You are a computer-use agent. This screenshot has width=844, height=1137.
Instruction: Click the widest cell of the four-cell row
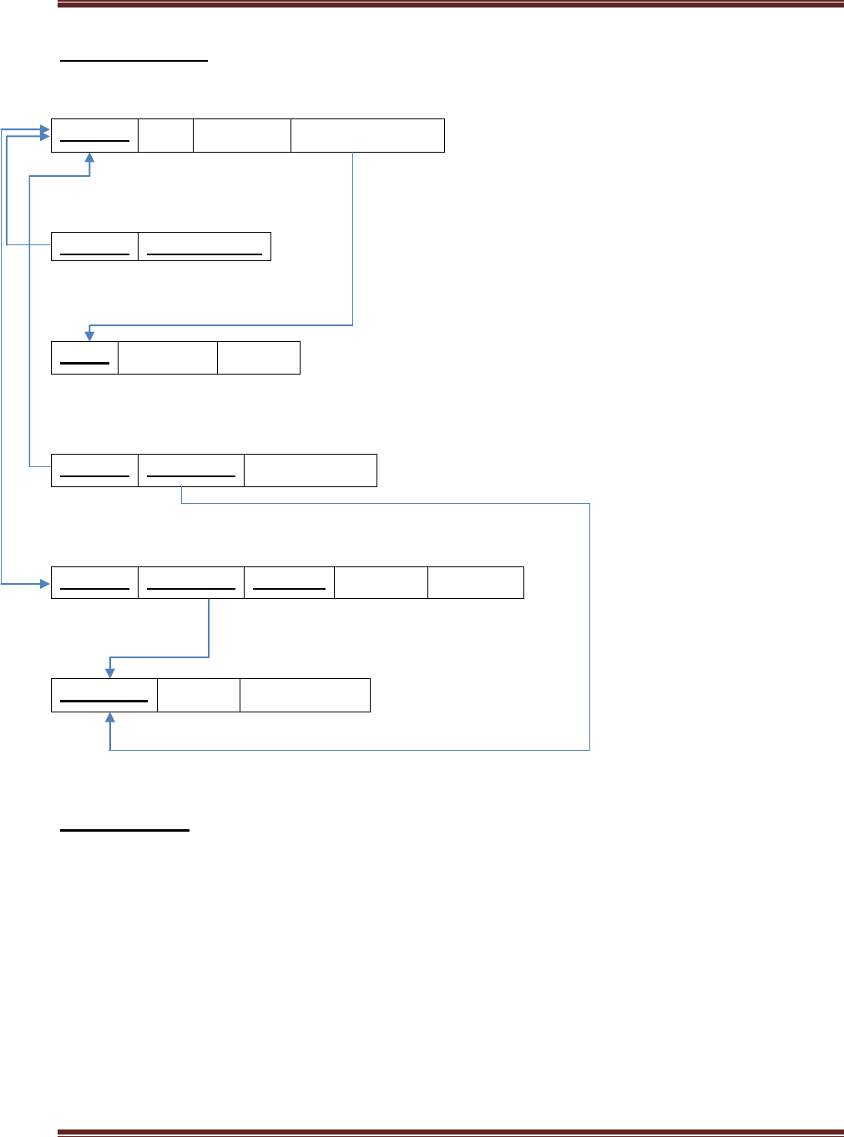367,135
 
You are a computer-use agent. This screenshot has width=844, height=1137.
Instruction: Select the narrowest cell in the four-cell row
165,135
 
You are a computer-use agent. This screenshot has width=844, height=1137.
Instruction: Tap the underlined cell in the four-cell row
94,135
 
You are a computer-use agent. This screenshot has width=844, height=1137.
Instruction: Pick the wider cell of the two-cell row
205,246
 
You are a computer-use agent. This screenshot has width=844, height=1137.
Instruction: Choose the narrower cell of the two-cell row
94,246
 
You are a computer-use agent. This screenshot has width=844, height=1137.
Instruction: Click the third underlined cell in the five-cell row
289,582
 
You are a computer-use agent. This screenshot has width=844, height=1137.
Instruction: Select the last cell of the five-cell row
476,582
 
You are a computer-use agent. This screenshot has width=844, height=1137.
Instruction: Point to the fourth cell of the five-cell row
381,582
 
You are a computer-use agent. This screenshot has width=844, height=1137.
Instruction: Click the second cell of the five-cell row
191,582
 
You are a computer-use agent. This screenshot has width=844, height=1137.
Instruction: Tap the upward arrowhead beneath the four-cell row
89,158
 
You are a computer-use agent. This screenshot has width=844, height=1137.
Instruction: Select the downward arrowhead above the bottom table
109,672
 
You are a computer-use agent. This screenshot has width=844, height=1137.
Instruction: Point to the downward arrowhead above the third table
89,335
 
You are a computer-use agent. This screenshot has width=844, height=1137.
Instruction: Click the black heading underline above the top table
134,61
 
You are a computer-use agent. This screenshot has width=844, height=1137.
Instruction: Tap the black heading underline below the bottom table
125,830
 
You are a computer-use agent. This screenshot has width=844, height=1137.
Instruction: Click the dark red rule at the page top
451,4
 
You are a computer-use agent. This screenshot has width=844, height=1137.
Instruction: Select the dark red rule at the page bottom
451,1132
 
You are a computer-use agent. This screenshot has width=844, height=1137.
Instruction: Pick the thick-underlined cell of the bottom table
104,695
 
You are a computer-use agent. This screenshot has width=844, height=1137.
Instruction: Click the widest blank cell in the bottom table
305,695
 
